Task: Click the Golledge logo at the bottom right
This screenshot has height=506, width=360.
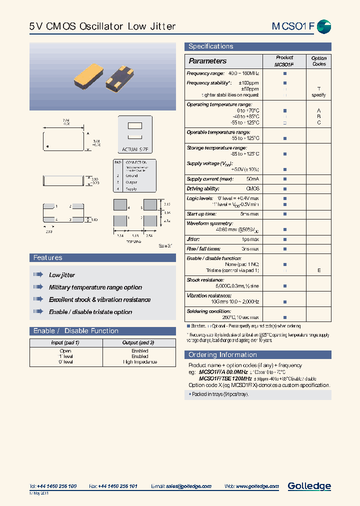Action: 309,486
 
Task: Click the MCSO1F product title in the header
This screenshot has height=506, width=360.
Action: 293,26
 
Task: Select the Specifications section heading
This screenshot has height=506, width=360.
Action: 210,46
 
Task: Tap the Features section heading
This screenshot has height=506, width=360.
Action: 48,257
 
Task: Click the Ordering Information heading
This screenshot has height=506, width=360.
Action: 222,354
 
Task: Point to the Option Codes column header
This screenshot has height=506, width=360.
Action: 318,61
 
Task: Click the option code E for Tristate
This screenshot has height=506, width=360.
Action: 318,270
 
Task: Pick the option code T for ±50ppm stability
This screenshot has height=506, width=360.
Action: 318,88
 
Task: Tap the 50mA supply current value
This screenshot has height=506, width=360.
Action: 252,179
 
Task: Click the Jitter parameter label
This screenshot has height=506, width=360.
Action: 193,239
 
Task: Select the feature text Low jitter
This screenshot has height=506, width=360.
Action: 62,275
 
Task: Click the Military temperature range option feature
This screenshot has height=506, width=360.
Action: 95,287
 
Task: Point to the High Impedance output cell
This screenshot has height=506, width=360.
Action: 139,361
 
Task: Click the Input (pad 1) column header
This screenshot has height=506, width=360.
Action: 65,342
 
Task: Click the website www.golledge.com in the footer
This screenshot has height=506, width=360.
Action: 257,486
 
